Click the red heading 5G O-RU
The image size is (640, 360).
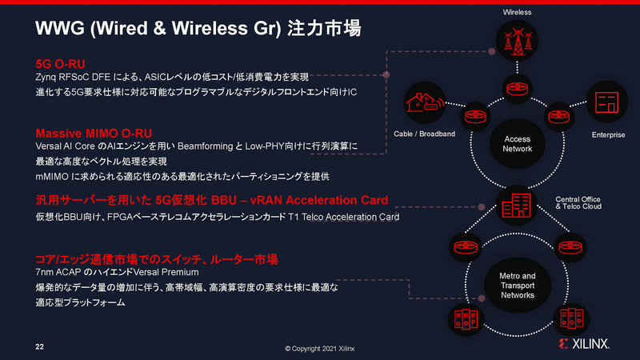pos(60,64)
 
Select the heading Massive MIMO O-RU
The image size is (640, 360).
pos(94,134)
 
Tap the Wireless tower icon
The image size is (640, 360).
pos(517,41)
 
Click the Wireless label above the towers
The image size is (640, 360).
pos(517,12)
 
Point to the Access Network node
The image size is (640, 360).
pos(517,144)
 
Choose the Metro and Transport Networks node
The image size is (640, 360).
pos(517,286)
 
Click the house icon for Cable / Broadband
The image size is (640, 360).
pos(425,102)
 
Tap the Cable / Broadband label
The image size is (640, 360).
pos(424,134)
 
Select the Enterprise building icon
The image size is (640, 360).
pos(606,102)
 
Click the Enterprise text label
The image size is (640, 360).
pos(608,134)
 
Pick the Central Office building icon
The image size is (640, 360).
pos(516,206)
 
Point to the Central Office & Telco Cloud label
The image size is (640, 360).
pos(578,203)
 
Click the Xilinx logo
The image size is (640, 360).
pos(584,344)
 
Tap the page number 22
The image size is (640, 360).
pos(39,347)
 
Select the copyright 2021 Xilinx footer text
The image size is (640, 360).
pos(319,349)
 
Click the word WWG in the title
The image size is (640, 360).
pos(60,29)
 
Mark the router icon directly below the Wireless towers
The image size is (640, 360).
pos(517,89)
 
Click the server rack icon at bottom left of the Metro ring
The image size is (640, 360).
pos(466,319)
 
